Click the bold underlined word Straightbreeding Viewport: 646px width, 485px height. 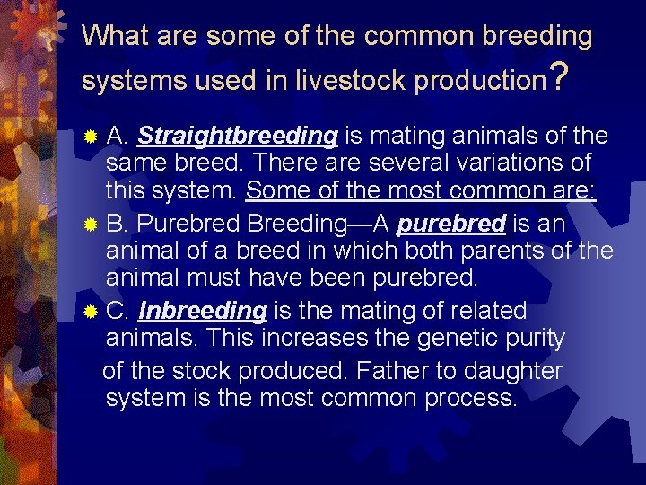pos(237,137)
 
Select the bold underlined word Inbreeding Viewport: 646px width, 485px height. pos(203,312)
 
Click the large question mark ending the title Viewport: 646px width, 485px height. pos(558,77)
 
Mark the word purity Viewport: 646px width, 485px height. pos(533,339)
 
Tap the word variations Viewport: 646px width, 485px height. pos(507,163)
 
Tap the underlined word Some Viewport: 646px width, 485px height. pos(274,191)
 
